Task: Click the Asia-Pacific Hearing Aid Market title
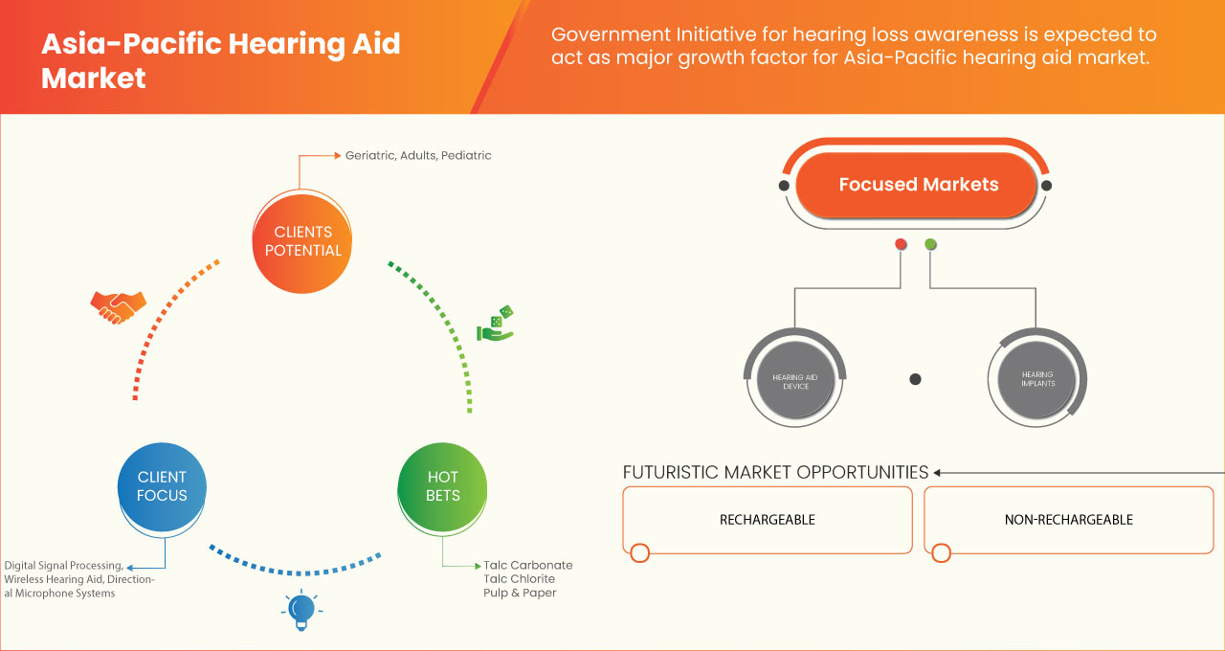220,59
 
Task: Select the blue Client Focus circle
162,486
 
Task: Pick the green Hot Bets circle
442,486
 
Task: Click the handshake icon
118,306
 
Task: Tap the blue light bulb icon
301,610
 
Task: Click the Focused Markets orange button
918,185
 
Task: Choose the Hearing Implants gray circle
1037,379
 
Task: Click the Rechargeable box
767,520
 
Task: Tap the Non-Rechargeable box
1068,520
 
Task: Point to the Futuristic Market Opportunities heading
775,472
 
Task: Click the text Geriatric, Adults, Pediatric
418,155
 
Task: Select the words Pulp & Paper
520,593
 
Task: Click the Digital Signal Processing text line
63,566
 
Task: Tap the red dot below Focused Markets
901,244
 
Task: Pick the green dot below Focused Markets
930,244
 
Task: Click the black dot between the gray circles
915,379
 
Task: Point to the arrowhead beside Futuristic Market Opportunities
938,472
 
